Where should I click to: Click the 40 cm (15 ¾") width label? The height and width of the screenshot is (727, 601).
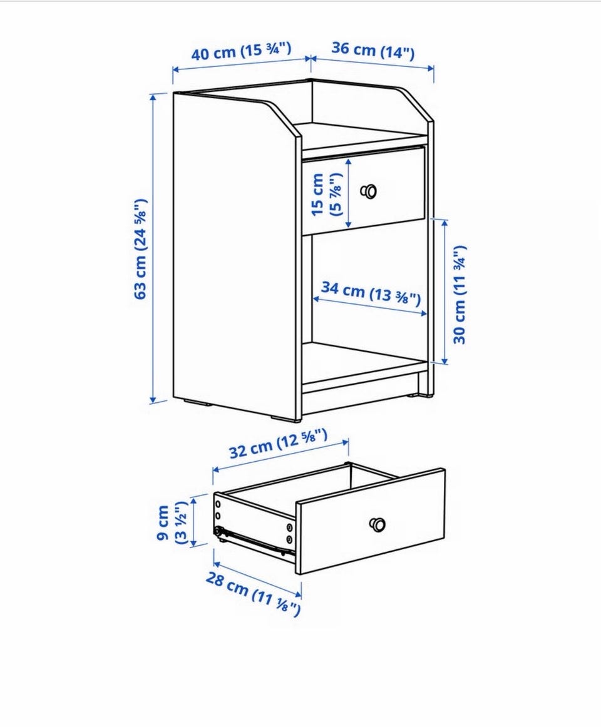pos(241,51)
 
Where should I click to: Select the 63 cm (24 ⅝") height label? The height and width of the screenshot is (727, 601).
pos(141,249)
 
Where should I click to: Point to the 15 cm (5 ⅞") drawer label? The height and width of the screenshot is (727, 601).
pos(326,195)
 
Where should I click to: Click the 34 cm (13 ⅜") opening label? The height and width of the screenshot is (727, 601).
pos(371,293)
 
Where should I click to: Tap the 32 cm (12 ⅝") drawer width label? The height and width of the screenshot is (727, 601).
pos(279,443)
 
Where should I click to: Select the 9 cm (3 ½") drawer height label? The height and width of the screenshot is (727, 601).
pos(172,522)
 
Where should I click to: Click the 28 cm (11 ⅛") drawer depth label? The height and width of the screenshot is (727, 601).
pos(253,594)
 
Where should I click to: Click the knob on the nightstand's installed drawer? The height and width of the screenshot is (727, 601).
pos(369,191)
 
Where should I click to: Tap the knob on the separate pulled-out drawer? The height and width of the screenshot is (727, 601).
pos(378,524)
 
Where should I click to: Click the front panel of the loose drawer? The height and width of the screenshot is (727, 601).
pos(371,521)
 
